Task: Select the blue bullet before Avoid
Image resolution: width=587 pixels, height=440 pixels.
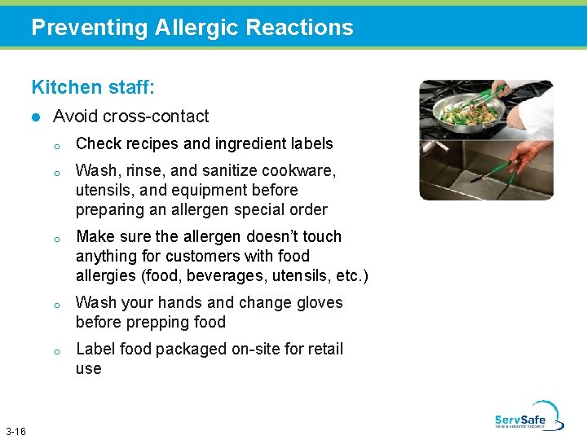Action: (x=36, y=117)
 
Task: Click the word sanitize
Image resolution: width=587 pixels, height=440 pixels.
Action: (x=226, y=171)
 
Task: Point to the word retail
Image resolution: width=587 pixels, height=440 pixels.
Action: (x=323, y=350)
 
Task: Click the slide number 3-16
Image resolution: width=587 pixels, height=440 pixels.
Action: (x=15, y=430)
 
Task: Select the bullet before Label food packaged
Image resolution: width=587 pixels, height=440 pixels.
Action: (x=57, y=351)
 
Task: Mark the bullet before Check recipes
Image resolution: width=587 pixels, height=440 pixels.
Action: (x=57, y=146)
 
